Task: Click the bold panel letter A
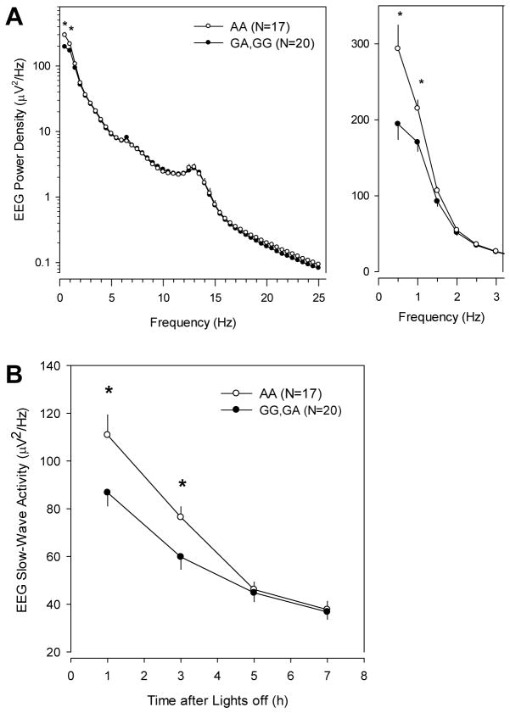click(14, 15)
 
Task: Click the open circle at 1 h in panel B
click(107, 434)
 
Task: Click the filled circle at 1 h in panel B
click(107, 492)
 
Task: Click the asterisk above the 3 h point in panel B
click(182, 485)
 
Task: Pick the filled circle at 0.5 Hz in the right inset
click(397, 124)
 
